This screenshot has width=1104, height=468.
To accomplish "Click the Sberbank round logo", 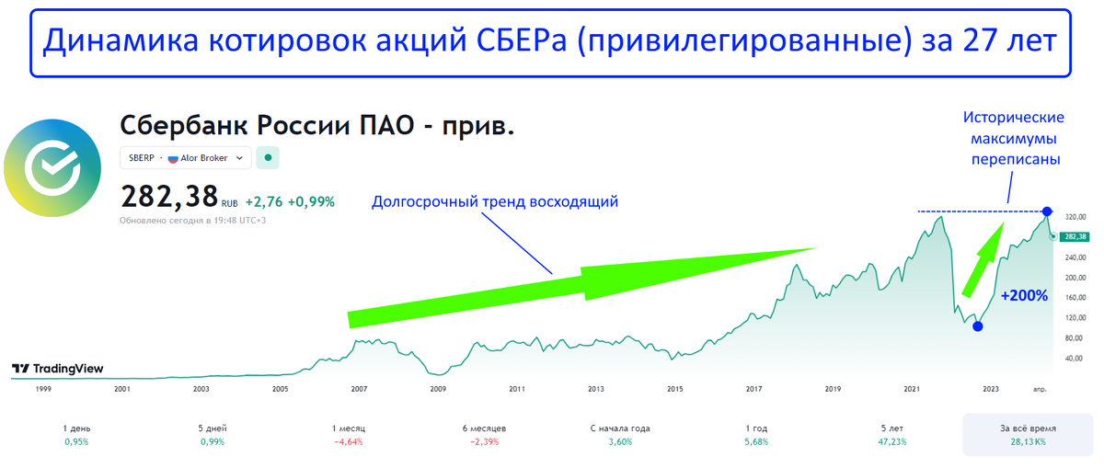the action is tap(52, 167).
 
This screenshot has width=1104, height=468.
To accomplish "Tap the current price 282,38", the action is tap(169, 197).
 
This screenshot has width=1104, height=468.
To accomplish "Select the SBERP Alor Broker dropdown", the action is tap(185, 158).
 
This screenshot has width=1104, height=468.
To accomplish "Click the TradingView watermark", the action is tap(58, 369).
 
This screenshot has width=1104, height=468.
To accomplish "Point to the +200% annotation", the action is tap(1024, 295).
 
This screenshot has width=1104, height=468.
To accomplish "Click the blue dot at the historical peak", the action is tap(1047, 211).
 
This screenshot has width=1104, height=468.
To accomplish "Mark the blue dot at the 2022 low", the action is tap(978, 326).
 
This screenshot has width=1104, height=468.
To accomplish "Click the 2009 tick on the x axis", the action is tap(438, 389).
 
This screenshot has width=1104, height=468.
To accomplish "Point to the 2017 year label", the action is tap(753, 389).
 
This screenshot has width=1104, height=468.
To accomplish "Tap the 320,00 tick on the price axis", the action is tap(1075, 217).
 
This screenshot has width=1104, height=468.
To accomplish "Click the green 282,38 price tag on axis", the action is tap(1075, 237).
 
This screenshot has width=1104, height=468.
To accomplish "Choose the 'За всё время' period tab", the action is tap(1028, 435).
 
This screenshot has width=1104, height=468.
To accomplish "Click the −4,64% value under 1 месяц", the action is tap(349, 442).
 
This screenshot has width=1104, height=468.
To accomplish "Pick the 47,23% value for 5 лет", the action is tap(892, 442).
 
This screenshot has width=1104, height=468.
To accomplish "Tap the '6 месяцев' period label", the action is tap(485, 428).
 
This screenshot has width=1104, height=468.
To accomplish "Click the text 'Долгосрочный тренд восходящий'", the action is tap(495, 202).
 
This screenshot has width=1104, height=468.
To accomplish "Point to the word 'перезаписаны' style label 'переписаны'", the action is tap(1016, 160).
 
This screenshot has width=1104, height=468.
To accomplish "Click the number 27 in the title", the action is tap(980, 40).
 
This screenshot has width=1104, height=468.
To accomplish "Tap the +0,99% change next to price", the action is tap(312, 202).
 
